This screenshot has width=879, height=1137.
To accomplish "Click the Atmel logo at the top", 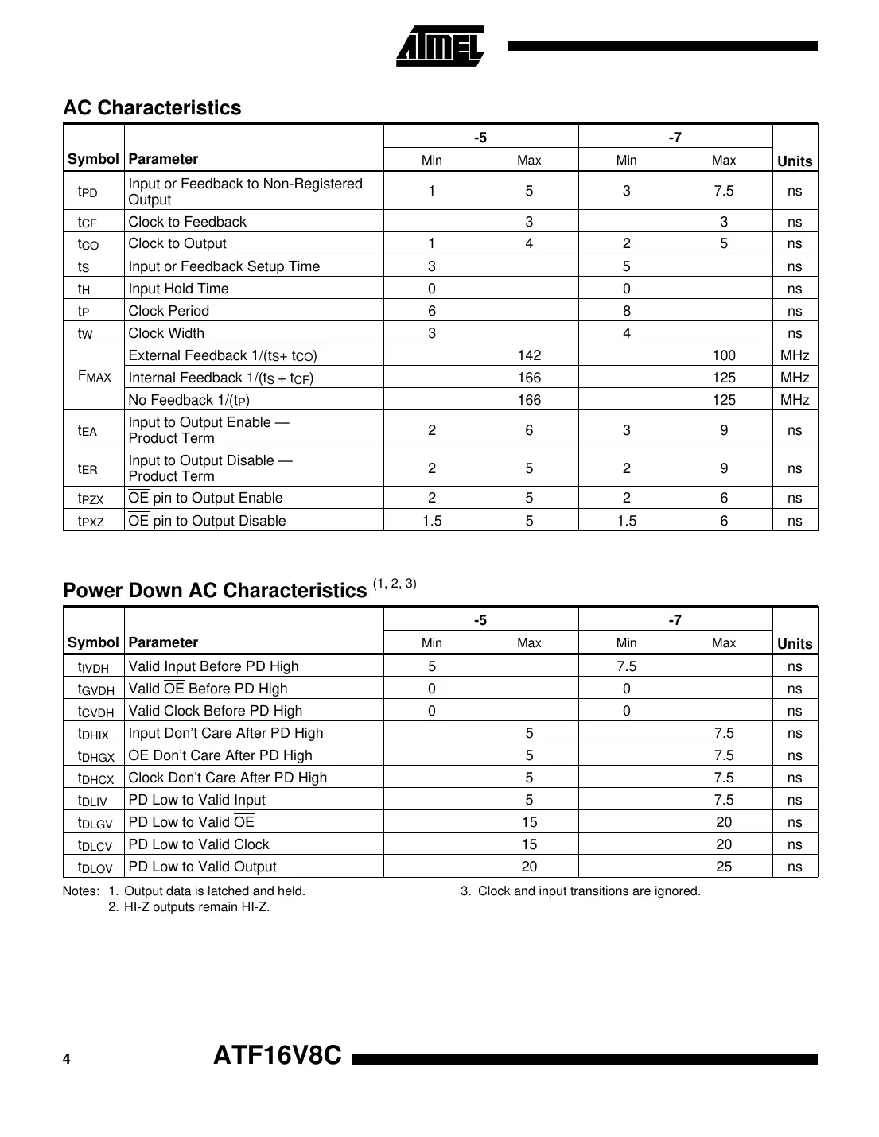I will point(440,46).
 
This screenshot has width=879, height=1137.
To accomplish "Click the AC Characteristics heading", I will point(152,107).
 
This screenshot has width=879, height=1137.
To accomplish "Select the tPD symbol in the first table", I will point(88,192).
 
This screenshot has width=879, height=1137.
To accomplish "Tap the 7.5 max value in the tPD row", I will point(723,191).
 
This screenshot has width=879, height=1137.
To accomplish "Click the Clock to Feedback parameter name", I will point(187,222).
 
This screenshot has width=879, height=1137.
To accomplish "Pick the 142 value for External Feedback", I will point(529,355).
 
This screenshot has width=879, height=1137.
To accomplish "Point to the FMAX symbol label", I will point(94,377).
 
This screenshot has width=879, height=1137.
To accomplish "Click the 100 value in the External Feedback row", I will point(723,355).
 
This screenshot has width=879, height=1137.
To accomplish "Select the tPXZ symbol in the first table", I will point(91,522).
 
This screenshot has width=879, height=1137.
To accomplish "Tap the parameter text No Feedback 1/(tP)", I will point(189,400).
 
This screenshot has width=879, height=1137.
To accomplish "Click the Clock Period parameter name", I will point(169,311).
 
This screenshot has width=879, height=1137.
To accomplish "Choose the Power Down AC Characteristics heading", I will point(215,590).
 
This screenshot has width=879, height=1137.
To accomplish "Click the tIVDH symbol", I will point(93,667).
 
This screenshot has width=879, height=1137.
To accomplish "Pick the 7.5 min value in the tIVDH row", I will point(626,666).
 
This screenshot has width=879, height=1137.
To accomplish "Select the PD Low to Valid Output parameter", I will point(202,867).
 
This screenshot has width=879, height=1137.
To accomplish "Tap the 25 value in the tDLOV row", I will point(723,867).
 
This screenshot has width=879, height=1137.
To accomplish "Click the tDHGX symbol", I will point(95,756).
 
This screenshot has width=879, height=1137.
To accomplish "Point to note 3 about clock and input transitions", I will point(581,891).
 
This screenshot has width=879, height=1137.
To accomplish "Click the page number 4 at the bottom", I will point(67,1059).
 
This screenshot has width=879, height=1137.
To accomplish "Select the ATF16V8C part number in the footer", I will point(278,1055).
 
